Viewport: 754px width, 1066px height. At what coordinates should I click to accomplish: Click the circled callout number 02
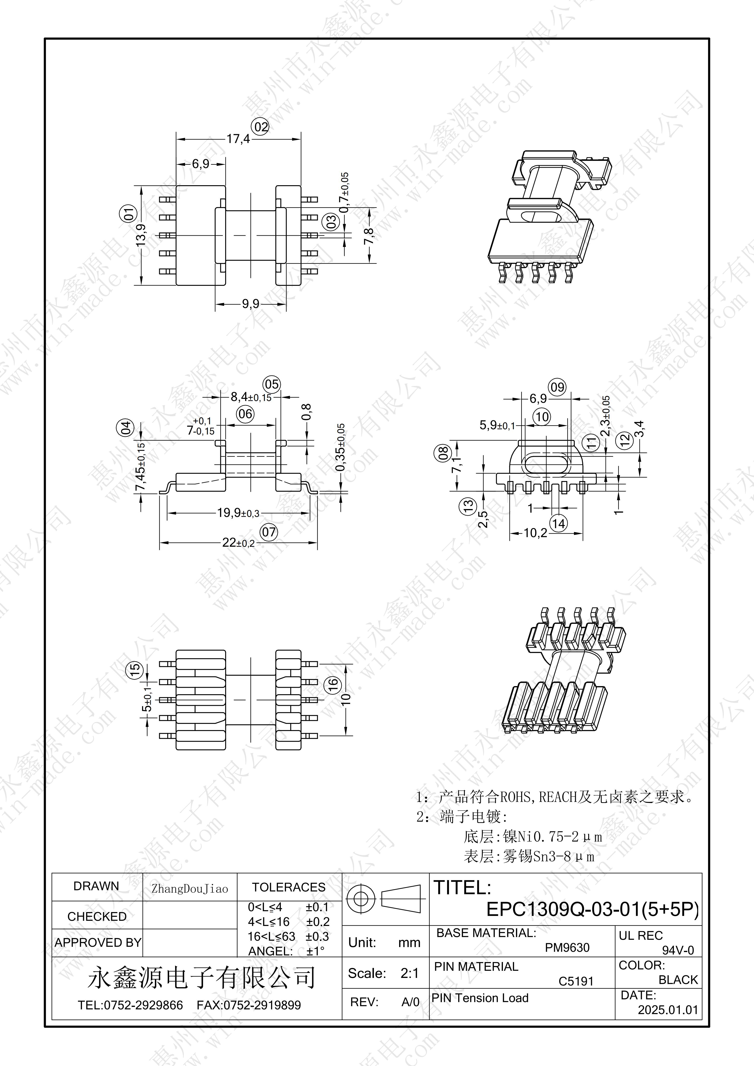[261, 127]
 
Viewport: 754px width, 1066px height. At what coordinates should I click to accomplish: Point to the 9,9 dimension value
[250, 304]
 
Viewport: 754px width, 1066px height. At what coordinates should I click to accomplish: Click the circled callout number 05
[272, 384]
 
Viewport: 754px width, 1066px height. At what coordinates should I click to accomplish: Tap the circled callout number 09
[557, 387]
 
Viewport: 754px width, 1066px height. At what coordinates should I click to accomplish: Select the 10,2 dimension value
[536, 533]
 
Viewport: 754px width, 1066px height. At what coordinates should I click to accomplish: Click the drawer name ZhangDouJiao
[190, 889]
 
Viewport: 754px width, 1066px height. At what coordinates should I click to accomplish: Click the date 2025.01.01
[668, 1009]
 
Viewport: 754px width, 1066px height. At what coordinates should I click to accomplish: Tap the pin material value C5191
[576, 981]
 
